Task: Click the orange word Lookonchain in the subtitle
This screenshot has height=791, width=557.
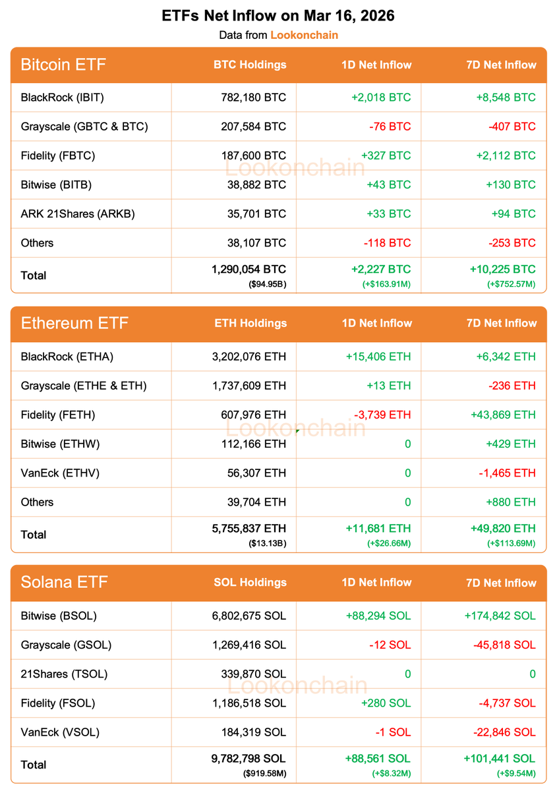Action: (x=304, y=35)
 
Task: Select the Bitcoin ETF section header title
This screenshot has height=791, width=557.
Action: (x=63, y=65)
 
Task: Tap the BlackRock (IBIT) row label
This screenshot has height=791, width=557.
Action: (x=63, y=98)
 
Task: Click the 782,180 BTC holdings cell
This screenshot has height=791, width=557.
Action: (x=254, y=98)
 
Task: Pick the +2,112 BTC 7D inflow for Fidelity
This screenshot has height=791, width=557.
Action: (x=506, y=156)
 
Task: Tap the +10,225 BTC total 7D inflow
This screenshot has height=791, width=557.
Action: (x=502, y=270)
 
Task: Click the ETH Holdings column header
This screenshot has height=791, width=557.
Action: (x=250, y=323)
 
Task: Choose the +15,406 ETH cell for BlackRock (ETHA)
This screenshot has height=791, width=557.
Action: (x=378, y=357)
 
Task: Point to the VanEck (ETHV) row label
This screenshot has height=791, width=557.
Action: (x=60, y=473)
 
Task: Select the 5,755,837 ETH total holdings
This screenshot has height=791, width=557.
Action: (x=248, y=529)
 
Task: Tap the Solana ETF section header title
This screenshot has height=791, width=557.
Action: (x=64, y=582)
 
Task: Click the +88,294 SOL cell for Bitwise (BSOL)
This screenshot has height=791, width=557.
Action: (x=378, y=616)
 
